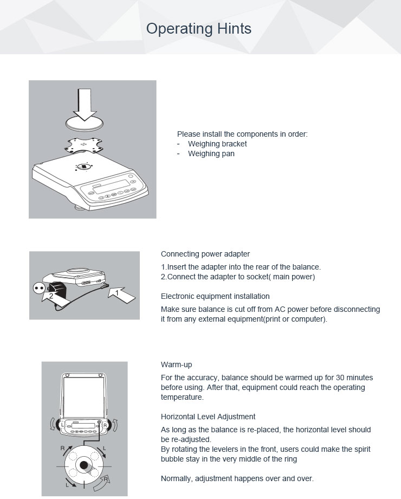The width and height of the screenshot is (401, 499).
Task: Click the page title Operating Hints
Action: [199, 29]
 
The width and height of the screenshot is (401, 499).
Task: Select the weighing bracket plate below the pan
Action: [85, 145]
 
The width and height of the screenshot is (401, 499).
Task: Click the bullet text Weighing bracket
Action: [217, 144]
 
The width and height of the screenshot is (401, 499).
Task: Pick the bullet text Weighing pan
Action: [211, 153]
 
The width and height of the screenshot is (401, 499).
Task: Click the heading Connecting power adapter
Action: [205, 254]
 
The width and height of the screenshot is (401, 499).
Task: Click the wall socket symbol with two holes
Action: [40, 287]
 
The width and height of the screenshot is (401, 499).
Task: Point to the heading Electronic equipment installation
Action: [215, 296]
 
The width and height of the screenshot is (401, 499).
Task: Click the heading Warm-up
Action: [176, 364]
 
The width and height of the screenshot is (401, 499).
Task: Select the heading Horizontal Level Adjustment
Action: [208, 417]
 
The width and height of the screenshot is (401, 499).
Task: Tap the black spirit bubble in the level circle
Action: [83, 465]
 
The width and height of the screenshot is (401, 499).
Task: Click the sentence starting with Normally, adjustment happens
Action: [237, 478]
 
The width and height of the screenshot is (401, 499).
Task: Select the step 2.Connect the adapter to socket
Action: [238, 277]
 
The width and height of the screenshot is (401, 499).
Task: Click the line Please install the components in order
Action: [242, 133]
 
